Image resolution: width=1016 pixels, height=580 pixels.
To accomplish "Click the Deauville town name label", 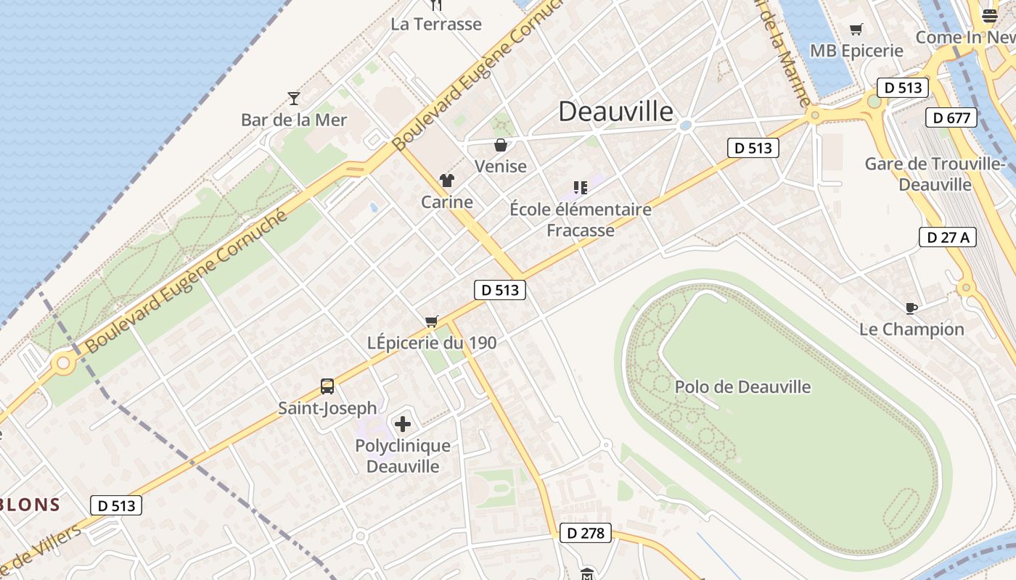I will tap(615, 111).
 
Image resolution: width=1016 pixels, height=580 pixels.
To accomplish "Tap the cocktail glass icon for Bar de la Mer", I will tap(294, 98).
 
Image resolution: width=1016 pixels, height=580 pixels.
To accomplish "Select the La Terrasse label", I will tap(436, 24).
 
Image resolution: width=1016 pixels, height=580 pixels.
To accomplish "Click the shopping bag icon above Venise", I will tap(501, 145).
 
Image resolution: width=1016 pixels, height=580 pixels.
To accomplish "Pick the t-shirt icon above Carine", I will tap(446, 181).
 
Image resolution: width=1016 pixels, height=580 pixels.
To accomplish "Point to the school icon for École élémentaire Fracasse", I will tap(580, 188).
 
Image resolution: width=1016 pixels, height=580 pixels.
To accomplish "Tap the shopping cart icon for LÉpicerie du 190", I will tap(432, 321).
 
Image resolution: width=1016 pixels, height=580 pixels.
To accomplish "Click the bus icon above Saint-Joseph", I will tap(327, 386).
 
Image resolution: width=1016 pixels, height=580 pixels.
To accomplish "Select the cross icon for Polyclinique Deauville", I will tap(403, 424).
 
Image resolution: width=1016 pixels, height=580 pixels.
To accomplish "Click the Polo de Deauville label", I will tap(742, 386).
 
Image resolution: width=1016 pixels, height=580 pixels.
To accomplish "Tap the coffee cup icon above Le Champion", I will tap(911, 308).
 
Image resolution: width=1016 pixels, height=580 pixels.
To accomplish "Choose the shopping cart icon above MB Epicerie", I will tap(856, 30).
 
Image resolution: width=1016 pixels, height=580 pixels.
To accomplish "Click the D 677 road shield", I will tap(951, 117).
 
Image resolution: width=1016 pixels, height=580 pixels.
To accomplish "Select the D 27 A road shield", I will tap(948, 237).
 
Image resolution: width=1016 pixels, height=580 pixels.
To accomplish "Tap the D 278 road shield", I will tap(585, 533).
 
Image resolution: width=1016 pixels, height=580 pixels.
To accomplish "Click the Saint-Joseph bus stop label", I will tap(328, 408).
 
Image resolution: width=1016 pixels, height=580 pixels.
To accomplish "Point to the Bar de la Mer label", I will tap(294, 120).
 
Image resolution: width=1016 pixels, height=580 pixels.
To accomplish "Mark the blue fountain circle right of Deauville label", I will tap(685, 125).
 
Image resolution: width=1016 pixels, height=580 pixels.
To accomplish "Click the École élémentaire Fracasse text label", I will tap(581, 220).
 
